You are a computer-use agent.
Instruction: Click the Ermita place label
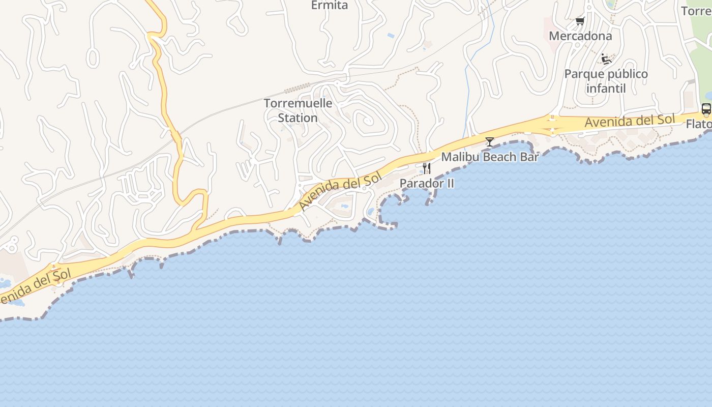(330, 6)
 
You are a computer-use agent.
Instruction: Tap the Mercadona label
(580, 36)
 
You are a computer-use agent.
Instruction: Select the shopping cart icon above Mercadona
(580, 21)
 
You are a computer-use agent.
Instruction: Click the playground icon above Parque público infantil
(606, 59)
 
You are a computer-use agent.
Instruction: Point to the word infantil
(606, 89)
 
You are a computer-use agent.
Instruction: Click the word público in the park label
(627, 74)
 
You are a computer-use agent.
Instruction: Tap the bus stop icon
(706, 108)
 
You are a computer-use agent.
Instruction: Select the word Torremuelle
(298, 103)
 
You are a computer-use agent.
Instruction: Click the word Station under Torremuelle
(298, 118)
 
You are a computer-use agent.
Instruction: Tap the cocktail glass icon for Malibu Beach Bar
(490, 142)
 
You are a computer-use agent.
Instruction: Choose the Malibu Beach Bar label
(490, 157)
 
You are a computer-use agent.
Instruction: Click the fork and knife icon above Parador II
(427, 168)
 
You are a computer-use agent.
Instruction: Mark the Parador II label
(427, 183)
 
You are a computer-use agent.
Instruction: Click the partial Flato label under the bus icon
(699, 124)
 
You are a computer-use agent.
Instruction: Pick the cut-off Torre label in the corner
(696, 11)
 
